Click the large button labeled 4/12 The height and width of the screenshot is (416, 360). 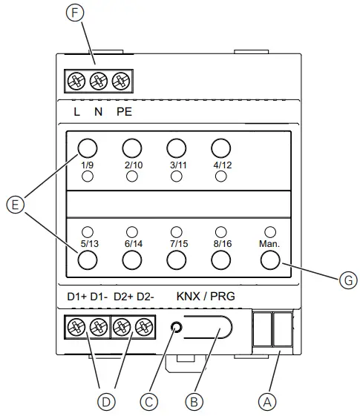(x=220, y=147)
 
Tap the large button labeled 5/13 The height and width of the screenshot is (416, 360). (x=88, y=260)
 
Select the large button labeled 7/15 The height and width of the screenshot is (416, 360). (x=177, y=260)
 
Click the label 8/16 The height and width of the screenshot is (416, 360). (x=221, y=242)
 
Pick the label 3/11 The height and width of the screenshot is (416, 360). (x=177, y=165)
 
